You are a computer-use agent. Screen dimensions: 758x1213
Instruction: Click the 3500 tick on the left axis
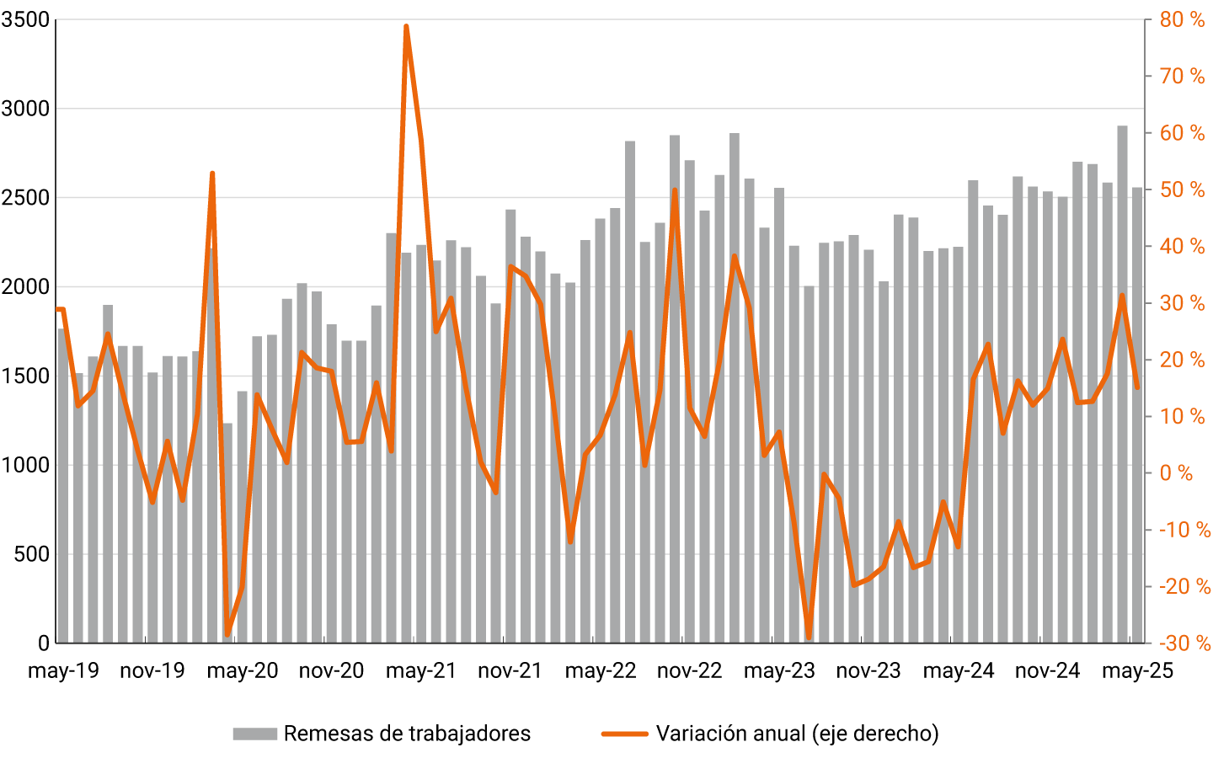click(x=25, y=19)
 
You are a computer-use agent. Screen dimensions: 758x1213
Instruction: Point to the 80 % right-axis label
click(x=1182, y=19)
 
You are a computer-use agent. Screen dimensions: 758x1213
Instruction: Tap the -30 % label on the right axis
click(x=1184, y=644)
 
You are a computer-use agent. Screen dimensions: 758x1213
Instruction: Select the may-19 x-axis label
click(x=63, y=671)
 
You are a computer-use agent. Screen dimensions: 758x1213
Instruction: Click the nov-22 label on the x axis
click(x=689, y=671)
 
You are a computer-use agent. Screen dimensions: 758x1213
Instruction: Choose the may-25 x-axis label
click(x=1137, y=671)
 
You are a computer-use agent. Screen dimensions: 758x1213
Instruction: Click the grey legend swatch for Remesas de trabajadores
click(x=254, y=734)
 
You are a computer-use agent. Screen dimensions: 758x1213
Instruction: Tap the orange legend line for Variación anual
click(x=624, y=734)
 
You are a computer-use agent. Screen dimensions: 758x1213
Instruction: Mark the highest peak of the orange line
click(x=406, y=27)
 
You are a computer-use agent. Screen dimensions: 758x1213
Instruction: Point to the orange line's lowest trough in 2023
click(x=809, y=636)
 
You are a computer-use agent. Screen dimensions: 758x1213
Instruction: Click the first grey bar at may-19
click(x=62, y=488)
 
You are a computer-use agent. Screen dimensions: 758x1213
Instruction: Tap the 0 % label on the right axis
click(x=1176, y=473)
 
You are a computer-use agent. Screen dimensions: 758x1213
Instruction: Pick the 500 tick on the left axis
click(x=33, y=554)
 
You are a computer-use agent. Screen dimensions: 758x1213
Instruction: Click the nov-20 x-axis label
click(x=331, y=671)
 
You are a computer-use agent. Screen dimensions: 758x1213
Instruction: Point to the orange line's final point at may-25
click(x=1137, y=387)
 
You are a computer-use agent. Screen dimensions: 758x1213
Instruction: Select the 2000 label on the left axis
click(x=25, y=287)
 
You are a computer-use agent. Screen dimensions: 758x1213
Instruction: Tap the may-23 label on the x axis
click(x=779, y=671)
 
